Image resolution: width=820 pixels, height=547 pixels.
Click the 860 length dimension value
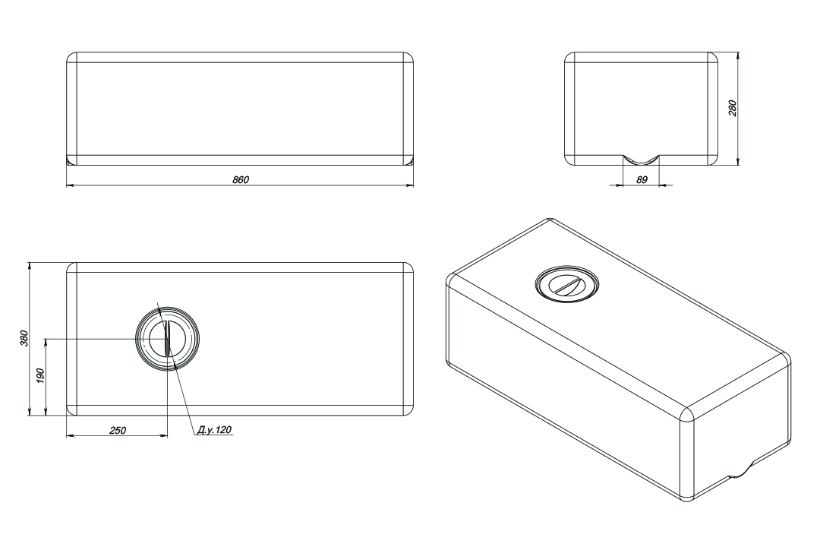click(241, 179)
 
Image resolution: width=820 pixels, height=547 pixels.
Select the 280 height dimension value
click(732, 108)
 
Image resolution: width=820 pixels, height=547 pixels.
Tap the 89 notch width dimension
click(642, 179)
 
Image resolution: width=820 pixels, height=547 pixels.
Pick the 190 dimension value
click(41, 376)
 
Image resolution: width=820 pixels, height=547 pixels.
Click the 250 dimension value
click(117, 430)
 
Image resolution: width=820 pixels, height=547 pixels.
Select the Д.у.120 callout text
click(214, 430)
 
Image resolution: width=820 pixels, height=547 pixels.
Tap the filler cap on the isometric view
click(567, 284)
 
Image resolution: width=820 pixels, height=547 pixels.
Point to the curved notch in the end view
click(641, 160)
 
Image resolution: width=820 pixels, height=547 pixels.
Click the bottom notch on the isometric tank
click(739, 470)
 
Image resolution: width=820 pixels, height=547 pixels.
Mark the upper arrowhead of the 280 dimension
click(738, 56)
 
